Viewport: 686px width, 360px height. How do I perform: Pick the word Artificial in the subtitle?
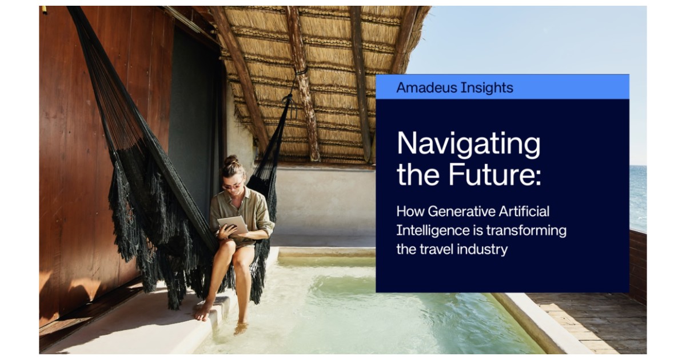pos(524,211)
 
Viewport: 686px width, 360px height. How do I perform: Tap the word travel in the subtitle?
pos(436,249)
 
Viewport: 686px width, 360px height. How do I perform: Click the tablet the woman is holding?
pos(233,225)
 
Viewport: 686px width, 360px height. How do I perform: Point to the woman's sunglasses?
pos(232,186)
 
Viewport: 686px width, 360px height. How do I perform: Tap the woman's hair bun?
pos(232,160)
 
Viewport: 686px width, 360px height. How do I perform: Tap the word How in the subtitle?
pos(410,211)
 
